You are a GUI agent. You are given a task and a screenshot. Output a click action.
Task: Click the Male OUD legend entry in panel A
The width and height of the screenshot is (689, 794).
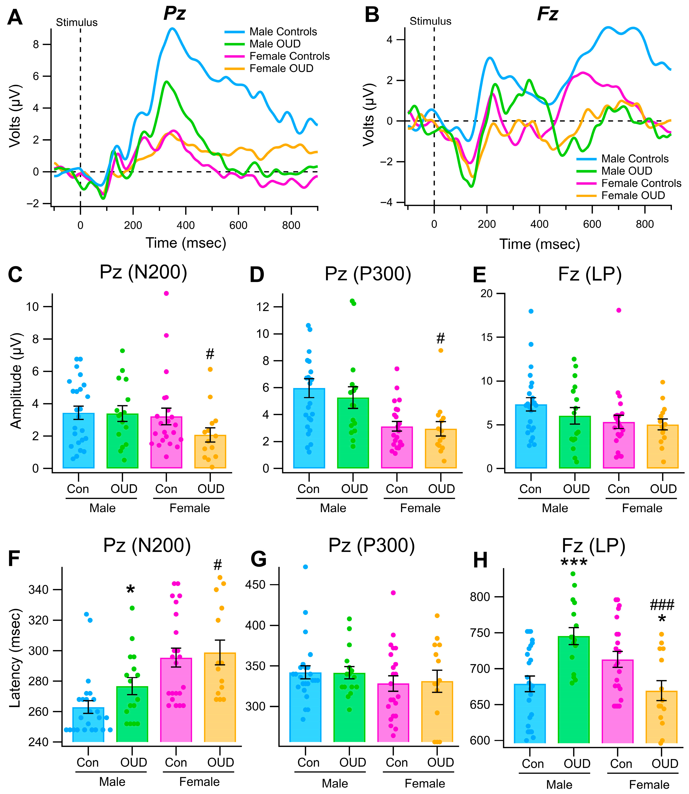(275, 44)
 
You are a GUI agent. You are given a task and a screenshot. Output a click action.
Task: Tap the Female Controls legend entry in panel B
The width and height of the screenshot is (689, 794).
(641, 183)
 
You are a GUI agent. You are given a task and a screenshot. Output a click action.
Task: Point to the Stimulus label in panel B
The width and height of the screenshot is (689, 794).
(430, 21)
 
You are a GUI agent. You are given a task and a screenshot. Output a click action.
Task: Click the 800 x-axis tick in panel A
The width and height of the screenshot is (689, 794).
(291, 225)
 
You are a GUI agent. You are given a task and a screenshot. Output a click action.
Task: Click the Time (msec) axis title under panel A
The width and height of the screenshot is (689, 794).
(186, 243)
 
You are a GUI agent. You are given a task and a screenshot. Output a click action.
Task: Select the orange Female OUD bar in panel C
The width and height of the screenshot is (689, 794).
(210, 451)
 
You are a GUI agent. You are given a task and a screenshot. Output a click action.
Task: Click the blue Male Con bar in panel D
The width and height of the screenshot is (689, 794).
(309, 429)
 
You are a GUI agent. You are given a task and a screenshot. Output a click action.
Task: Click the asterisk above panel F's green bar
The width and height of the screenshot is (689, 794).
(131, 590)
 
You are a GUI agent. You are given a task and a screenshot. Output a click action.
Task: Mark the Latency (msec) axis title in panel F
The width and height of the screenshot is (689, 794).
(15, 658)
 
